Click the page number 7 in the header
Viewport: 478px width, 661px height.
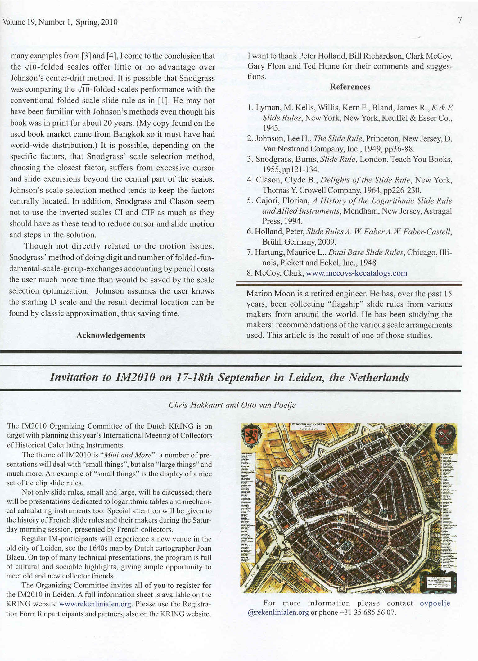(x=460, y=20)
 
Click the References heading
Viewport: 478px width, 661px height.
(x=350, y=87)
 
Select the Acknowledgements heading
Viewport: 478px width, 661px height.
(x=111, y=335)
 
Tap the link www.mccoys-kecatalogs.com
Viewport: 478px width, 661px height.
(x=356, y=273)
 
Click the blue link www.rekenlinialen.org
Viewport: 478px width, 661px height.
(x=95, y=604)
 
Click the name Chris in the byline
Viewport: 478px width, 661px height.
(x=177, y=405)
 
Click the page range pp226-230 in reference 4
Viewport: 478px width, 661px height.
(x=402, y=190)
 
